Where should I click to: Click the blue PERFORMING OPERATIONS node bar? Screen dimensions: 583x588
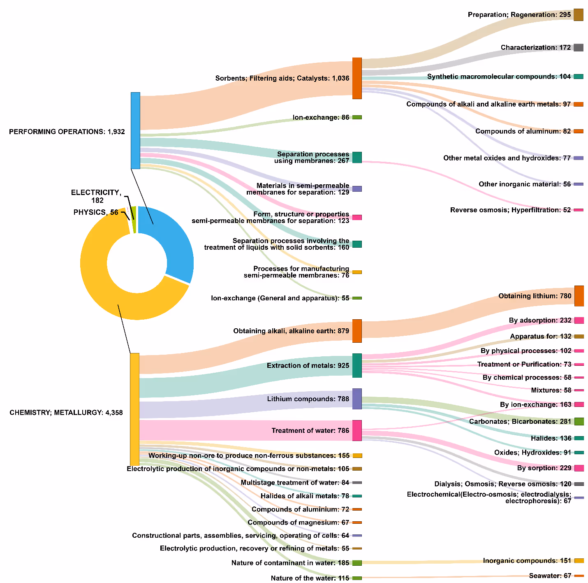pyautogui.click(x=135, y=130)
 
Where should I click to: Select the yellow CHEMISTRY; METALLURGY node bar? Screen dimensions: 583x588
pyautogui.click(x=134, y=409)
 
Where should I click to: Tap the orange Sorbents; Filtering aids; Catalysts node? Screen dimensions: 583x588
pyautogui.click(x=357, y=78)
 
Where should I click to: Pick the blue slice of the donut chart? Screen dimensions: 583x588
pyautogui.click(x=173, y=243)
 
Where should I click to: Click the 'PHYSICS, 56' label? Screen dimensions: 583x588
pyautogui.click(x=95, y=212)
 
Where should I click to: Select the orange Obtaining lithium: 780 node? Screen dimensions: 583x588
pyautogui.click(x=579, y=296)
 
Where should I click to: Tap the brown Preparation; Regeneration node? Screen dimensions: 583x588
pyautogui.click(x=579, y=15)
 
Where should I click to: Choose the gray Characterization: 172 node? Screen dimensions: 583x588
pyautogui.click(x=579, y=47)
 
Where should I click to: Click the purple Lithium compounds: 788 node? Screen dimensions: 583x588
pyautogui.click(x=357, y=399)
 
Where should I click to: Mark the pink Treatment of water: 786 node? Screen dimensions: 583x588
pyautogui.click(x=357, y=430)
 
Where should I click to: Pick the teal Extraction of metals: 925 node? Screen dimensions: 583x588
pyautogui.click(x=357, y=365)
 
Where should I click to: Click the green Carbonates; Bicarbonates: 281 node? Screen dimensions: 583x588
pyautogui.click(x=579, y=421)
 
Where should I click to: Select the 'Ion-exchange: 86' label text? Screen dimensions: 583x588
pyautogui.click(x=321, y=117)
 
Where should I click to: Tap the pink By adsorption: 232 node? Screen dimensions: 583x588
pyautogui.click(x=579, y=321)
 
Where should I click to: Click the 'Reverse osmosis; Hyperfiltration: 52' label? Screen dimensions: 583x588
pyautogui.click(x=510, y=210)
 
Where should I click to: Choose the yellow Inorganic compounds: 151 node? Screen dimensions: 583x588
pyautogui.click(x=579, y=561)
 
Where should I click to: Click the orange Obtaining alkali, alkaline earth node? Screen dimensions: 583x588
pyautogui.click(x=357, y=331)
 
